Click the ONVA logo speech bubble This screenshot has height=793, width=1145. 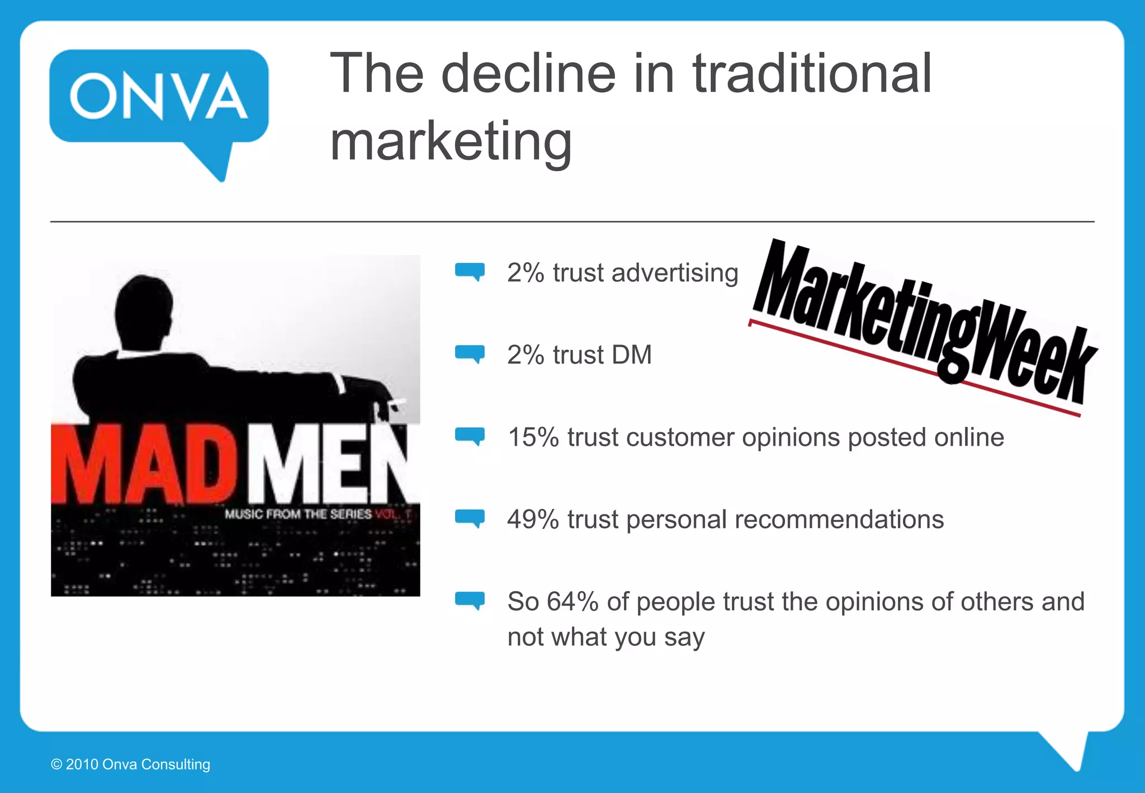159,98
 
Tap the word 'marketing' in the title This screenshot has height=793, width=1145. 451,141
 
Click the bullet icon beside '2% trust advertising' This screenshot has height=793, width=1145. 470,272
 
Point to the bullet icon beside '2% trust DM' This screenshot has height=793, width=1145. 470,354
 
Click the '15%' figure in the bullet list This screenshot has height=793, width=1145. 533,437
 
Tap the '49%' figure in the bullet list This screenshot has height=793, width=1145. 533,520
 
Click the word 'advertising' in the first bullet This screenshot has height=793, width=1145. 675,273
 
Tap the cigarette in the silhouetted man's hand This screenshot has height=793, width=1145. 398,404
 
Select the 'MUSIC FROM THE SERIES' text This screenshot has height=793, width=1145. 298,514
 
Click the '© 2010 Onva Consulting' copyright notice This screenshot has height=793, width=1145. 130,764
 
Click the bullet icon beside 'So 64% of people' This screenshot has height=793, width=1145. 470,601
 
